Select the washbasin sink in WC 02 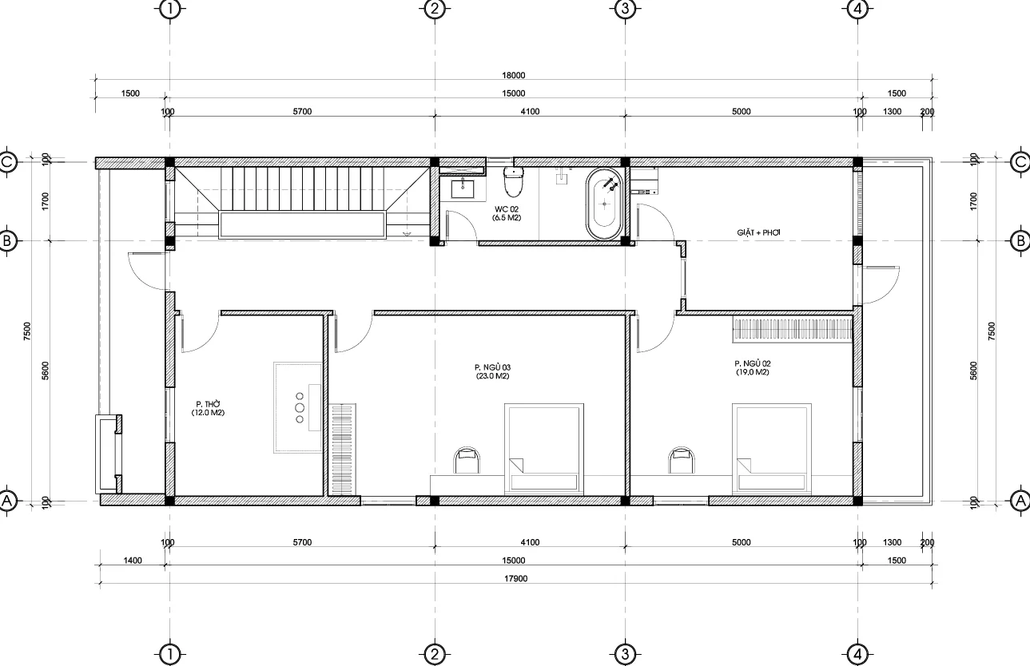(x=463, y=188)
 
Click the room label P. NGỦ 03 (x=491, y=371)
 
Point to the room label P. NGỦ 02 (x=752, y=367)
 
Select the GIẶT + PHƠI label (x=758, y=232)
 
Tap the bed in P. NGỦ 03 (x=543, y=447)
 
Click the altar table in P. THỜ (x=299, y=407)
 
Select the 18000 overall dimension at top (x=513, y=76)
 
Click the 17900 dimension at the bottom (x=513, y=579)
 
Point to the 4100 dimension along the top (x=529, y=112)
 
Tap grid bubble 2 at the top (x=434, y=10)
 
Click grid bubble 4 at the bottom (x=858, y=655)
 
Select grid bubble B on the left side (x=7, y=240)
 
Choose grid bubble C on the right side (x=1020, y=162)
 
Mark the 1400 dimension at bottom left (x=133, y=561)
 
